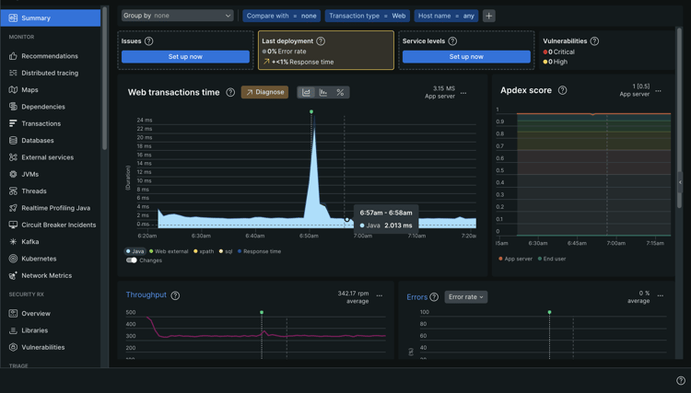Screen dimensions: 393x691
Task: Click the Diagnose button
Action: [x=264, y=92]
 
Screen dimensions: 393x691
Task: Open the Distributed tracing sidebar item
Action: [x=49, y=73]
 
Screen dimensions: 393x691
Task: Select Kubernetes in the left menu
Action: [x=39, y=259]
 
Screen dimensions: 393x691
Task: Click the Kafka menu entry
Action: [x=30, y=242]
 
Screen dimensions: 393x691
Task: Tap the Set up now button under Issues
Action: [x=185, y=56]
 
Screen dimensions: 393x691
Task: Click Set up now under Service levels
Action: [x=466, y=56]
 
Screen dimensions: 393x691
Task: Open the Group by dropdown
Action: [x=177, y=16]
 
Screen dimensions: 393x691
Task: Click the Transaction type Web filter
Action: [x=367, y=16]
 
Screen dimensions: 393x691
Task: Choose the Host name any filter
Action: [x=446, y=16]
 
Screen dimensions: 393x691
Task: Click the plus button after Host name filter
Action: [x=489, y=16]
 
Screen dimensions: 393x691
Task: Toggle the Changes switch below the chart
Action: [x=132, y=260]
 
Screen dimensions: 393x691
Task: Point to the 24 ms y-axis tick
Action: [x=145, y=121]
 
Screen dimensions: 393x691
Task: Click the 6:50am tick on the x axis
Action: [x=309, y=236]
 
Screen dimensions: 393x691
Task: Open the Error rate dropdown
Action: [x=465, y=297]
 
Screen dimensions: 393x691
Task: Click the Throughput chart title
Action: [x=146, y=295]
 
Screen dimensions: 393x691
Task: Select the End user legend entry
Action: [x=555, y=259]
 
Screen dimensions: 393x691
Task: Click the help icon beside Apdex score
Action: [x=562, y=90]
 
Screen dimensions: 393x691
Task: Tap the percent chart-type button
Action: [x=340, y=92]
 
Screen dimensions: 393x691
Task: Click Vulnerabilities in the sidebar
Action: [x=42, y=347]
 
